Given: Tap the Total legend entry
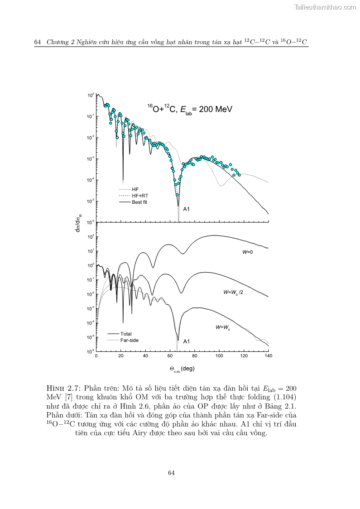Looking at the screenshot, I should click(x=126, y=334).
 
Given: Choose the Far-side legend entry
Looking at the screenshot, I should click(x=129, y=340).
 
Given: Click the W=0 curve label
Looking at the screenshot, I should click(x=247, y=251).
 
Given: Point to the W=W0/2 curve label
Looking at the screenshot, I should click(x=233, y=293).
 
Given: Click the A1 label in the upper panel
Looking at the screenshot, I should click(x=186, y=210).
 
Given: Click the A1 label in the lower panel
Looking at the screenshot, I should click(x=186, y=341).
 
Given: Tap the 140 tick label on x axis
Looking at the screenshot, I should click(x=269, y=356).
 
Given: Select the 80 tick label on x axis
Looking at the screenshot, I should click(x=195, y=356).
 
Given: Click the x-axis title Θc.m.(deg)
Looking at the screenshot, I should click(x=182, y=369).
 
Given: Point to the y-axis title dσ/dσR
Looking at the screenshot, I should click(x=79, y=223).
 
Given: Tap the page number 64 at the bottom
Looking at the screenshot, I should click(x=171, y=473).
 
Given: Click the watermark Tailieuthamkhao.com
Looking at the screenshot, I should click(x=325, y=7).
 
